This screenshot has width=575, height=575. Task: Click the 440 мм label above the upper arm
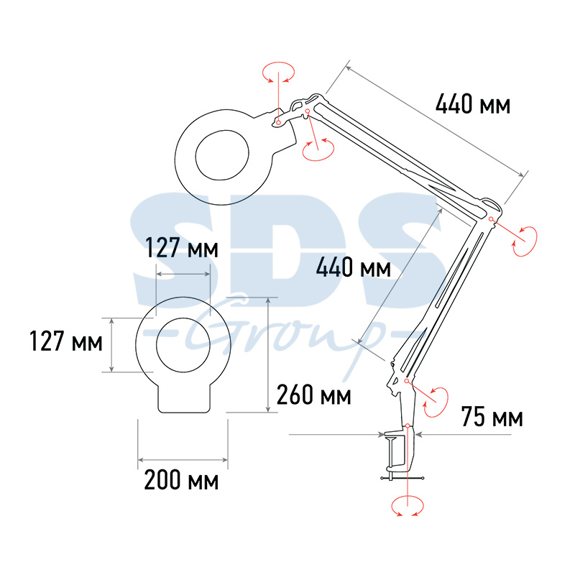tap(473, 104)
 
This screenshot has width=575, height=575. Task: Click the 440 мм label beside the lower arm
tap(353, 267)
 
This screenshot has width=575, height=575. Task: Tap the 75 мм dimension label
tap(492, 417)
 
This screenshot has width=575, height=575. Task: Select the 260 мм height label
tap(313, 395)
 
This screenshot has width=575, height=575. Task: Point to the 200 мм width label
tap(181, 480)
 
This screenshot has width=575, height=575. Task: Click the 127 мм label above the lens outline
tap(182, 247)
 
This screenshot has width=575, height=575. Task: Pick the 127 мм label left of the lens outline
tap(65, 341)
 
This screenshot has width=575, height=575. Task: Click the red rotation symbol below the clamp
tap(408, 506)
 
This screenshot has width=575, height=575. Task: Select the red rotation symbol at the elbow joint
tap(525, 241)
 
